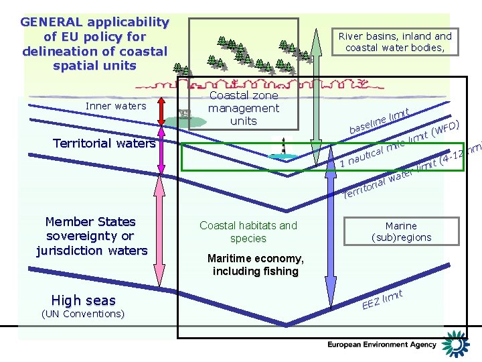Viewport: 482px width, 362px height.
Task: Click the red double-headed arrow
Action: pyautogui.click(x=161, y=113)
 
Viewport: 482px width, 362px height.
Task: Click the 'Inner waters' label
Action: pyautogui.click(x=116, y=106)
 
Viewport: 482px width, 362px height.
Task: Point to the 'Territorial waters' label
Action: pyautogui.click(x=104, y=143)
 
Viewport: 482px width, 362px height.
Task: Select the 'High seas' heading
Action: pyautogui.click(x=83, y=300)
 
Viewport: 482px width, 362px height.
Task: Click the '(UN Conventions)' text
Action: pyautogui.click(x=83, y=314)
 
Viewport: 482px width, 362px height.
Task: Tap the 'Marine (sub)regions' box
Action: pyautogui.click(x=401, y=231)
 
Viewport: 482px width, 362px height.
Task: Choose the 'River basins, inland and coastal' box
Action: pyautogui.click(x=395, y=42)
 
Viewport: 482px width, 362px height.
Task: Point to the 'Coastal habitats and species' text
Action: pyautogui.click(x=248, y=232)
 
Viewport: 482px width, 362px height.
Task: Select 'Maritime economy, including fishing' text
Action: pyautogui.click(x=255, y=265)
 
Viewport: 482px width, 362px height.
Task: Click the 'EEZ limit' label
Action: pyautogui.click(x=382, y=300)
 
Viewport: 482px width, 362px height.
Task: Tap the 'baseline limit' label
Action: pyautogui.click(x=379, y=118)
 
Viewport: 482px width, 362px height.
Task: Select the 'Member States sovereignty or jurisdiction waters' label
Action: pyautogui.click(x=92, y=236)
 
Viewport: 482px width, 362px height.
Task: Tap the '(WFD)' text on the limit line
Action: pyautogui.click(x=446, y=127)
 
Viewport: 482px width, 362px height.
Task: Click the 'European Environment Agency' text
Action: pyautogui.click(x=382, y=345)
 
